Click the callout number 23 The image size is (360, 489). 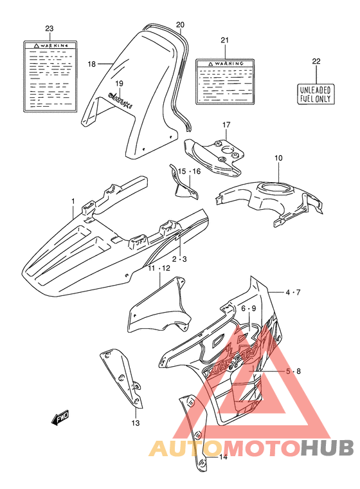tap(50, 29)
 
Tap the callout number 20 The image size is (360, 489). tap(180, 25)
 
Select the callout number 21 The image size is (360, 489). tap(224, 41)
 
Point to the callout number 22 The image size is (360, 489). tap(316, 62)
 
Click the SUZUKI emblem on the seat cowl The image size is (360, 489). tap(120, 98)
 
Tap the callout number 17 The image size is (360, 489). tap(226, 124)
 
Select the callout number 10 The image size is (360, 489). tap(278, 158)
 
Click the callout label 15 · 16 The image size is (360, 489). tap(190, 171)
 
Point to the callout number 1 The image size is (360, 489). tap(73, 201)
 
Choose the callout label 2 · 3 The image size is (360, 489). tap(181, 259)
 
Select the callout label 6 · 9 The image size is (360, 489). tap(249, 308)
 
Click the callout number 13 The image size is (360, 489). tap(135, 423)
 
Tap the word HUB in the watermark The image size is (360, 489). tap(328, 448)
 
